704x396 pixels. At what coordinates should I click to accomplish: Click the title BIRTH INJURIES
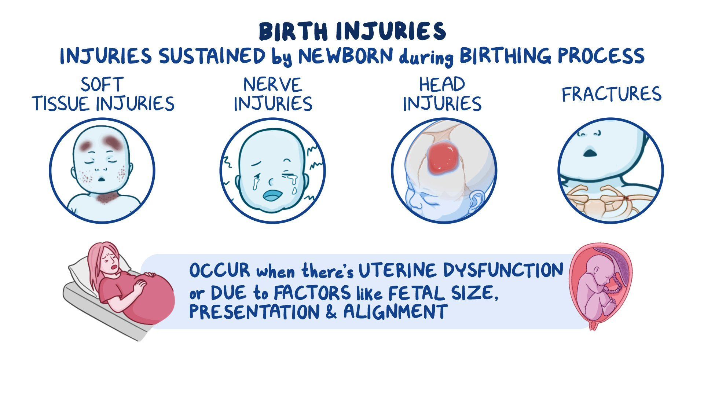(x=352, y=32)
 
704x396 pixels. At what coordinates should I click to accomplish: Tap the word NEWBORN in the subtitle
(x=345, y=56)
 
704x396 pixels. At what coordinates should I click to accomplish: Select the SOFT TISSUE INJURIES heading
(x=103, y=94)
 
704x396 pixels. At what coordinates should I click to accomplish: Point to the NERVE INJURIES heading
(x=273, y=94)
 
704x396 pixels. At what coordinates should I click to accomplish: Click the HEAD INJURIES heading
(x=442, y=94)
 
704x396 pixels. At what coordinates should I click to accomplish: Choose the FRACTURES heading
(x=611, y=94)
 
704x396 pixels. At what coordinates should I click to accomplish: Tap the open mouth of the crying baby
(x=272, y=196)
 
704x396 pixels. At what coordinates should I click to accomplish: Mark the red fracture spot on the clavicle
(x=626, y=198)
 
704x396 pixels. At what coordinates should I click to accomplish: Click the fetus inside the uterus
(x=596, y=290)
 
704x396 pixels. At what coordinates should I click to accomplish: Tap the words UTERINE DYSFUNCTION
(x=461, y=271)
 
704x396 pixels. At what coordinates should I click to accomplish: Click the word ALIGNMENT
(x=395, y=312)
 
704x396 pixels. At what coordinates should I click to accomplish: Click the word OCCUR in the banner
(x=220, y=271)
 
